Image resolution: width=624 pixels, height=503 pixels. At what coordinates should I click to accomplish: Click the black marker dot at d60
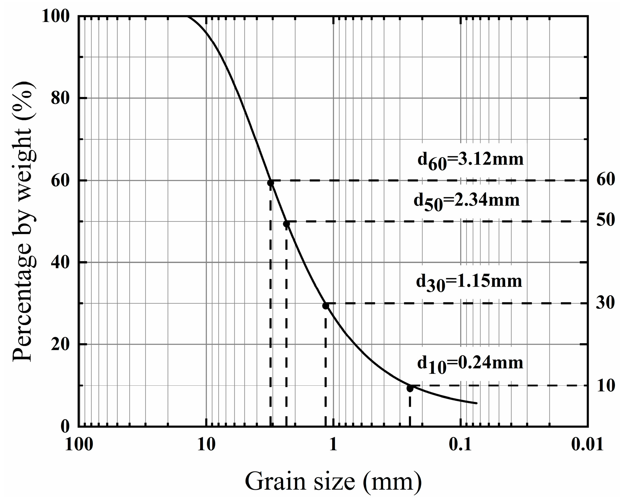point(271,183)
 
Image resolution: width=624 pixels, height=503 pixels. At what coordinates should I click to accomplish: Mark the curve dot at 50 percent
point(287,224)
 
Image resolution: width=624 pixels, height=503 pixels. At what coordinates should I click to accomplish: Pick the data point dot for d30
point(326,306)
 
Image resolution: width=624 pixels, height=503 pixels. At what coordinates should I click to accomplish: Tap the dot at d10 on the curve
point(410,388)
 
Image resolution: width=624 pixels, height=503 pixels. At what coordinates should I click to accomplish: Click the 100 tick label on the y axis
point(55,16)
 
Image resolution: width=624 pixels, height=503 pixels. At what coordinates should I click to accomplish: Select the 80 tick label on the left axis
point(60,98)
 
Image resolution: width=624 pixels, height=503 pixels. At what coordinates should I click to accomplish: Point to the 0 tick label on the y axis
point(65,426)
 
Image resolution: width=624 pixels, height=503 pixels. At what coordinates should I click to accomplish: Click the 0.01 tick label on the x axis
point(588,445)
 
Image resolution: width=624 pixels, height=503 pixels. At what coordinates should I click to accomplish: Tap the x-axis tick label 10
point(206,445)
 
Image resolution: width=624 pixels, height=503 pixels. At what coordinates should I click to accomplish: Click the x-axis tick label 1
point(334,445)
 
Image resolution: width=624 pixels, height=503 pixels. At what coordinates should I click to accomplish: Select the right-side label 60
point(605,180)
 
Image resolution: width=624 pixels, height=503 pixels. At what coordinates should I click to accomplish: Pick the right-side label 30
point(605,303)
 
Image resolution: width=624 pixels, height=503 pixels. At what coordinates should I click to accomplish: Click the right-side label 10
point(605,385)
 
